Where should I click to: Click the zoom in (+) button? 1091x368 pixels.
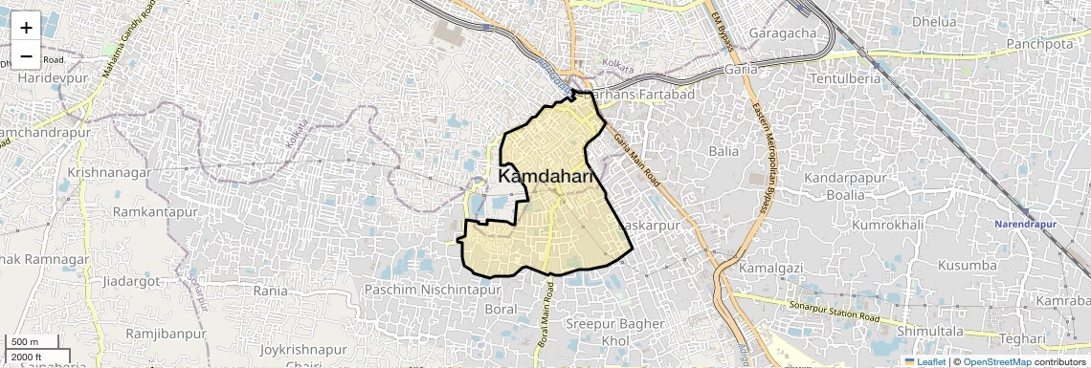26,28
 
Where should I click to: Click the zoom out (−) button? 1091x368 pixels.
26,54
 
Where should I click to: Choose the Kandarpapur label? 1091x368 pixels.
847,178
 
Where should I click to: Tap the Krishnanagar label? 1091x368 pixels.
109,172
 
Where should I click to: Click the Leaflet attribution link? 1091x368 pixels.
924,361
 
